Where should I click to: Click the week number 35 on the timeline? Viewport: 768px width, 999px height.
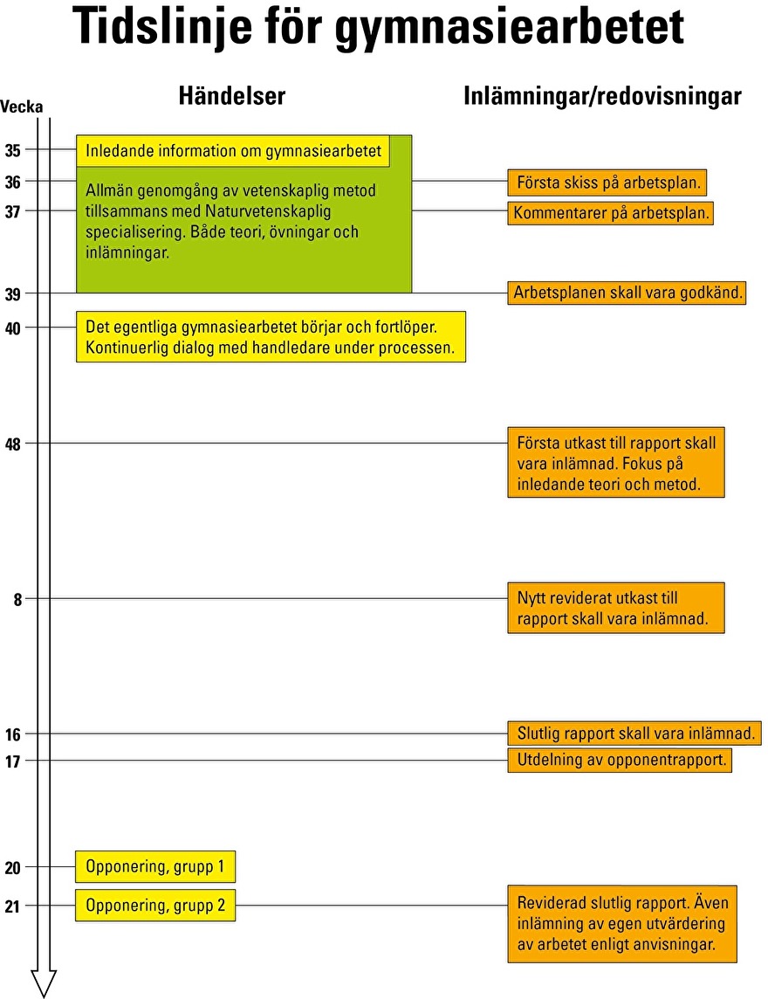(13, 150)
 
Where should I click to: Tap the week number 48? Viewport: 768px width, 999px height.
(13, 444)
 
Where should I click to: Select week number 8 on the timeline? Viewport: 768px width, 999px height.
(17, 600)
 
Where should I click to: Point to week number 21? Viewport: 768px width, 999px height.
(13, 906)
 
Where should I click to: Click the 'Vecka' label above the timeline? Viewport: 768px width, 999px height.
(22, 107)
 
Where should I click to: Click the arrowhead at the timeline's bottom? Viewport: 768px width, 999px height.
(44, 983)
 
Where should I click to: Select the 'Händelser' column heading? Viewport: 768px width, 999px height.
(232, 95)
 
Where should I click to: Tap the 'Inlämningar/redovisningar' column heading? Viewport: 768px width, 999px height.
(602, 96)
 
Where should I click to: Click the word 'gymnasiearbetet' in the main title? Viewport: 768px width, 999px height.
(510, 27)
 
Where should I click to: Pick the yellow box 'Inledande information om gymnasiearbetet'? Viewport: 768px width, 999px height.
(233, 151)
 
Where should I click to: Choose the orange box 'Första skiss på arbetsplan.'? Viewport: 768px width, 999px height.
(607, 183)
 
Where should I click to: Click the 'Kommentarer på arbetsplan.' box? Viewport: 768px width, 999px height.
(611, 213)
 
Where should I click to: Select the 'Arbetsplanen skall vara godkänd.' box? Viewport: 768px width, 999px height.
(627, 293)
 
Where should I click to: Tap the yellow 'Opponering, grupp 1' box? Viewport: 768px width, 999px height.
(155, 866)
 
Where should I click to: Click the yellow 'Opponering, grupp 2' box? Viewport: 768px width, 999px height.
(155, 906)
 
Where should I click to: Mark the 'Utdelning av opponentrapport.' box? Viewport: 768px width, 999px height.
(620, 760)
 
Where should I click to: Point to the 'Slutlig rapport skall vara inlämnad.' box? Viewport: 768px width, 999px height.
(634, 734)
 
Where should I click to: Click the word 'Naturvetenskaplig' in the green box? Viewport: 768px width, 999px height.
(268, 211)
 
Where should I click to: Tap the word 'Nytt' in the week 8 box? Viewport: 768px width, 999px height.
(531, 598)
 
